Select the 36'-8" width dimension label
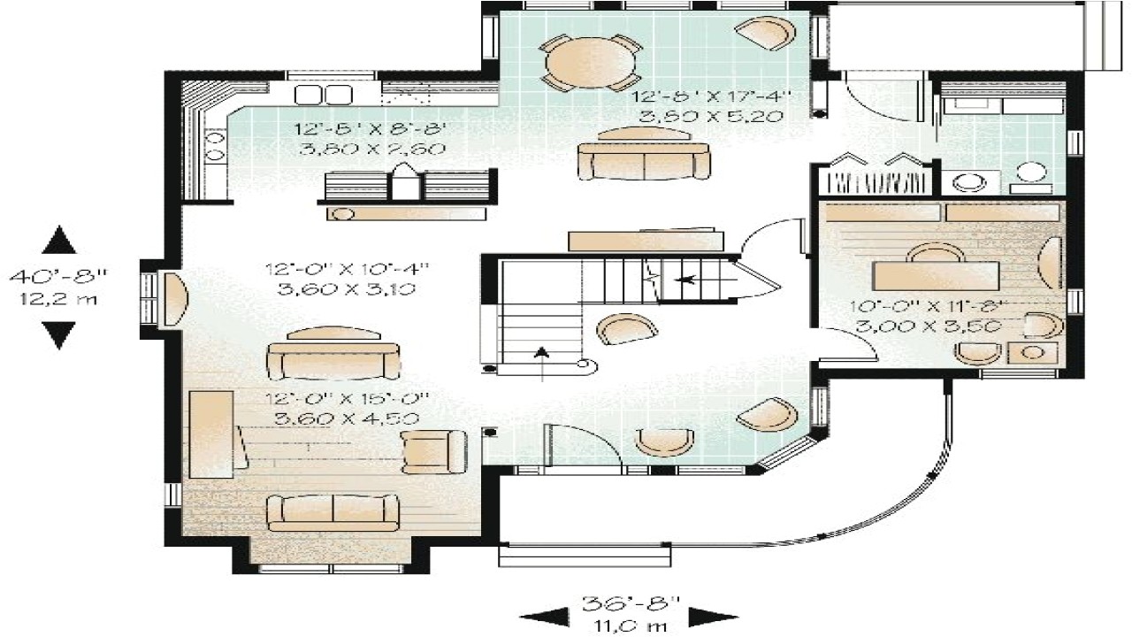(x=630, y=605)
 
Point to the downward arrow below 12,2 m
(x=60, y=334)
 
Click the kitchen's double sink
(x=323, y=95)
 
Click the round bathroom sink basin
(x=968, y=182)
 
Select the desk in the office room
(x=936, y=275)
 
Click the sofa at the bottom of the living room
(x=333, y=512)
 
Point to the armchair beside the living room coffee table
(x=434, y=450)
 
